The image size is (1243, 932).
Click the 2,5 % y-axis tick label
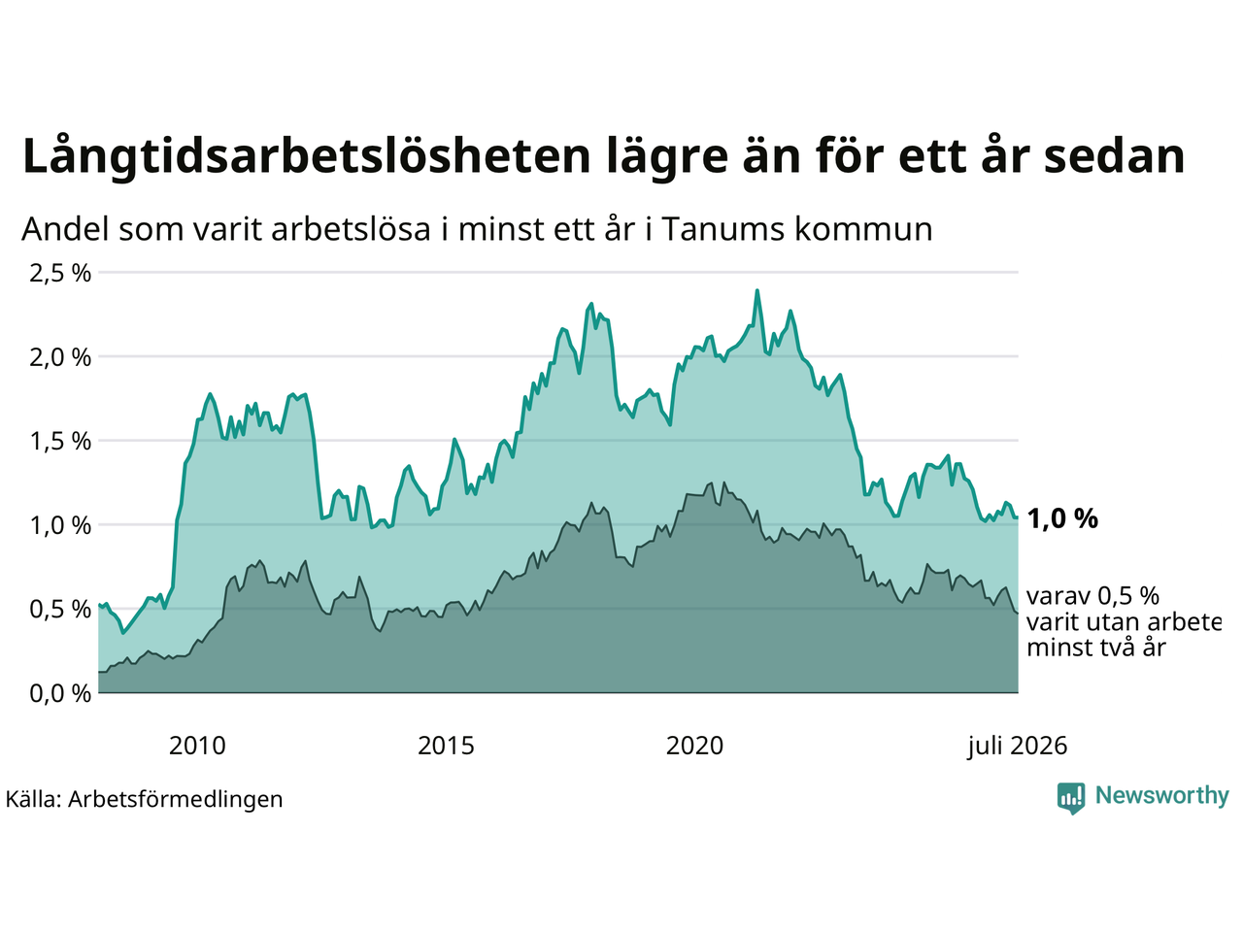60,274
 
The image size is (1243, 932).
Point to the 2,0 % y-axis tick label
60,357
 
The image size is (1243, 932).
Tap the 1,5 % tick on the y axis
60,442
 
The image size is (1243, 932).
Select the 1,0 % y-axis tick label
60,525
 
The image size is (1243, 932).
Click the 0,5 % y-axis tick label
60,610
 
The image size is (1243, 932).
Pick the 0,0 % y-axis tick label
60,694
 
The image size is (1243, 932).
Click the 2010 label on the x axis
197,746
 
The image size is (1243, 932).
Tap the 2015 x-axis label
446,746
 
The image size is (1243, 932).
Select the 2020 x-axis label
694,746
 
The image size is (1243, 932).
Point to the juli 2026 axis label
1017,747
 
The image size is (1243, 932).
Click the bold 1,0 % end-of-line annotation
1062,518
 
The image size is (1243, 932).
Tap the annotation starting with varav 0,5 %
1124,622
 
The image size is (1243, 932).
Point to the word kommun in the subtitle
863,229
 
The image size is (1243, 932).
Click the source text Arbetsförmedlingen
175,800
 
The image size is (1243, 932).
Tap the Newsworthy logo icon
1071,798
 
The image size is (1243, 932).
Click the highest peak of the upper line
757,290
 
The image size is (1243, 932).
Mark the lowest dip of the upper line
123,633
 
